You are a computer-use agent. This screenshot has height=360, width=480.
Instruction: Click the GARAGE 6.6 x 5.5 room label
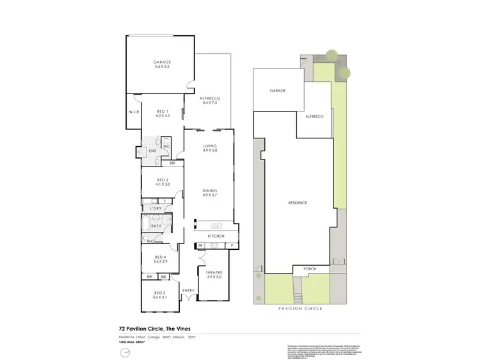coord(162,64)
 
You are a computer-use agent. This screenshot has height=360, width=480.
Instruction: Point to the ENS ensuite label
coord(152,151)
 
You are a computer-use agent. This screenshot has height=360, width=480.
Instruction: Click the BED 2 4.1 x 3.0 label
coord(162,182)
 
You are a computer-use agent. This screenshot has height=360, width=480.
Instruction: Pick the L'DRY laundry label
coord(155,209)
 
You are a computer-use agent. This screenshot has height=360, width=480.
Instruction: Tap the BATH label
coord(156,226)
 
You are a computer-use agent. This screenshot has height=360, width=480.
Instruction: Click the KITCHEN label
coord(215,237)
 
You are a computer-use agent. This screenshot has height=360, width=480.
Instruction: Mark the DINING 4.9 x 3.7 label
coord(210,193)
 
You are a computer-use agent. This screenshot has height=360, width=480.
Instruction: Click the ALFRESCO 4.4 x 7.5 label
coord(211,100)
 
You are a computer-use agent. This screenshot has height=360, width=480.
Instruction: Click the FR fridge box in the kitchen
coord(200,245)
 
